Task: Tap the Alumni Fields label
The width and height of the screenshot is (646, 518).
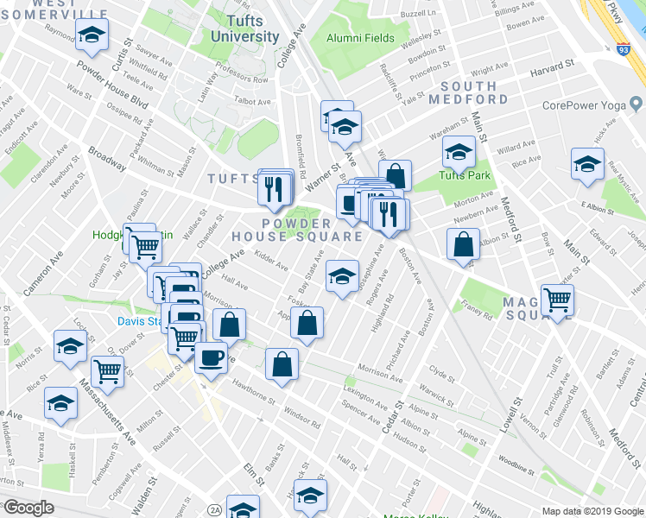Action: (360, 38)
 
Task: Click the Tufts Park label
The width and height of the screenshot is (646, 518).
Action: (465, 175)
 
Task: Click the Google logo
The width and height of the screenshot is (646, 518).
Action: (28, 507)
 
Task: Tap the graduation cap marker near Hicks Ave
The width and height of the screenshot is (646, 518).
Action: (588, 163)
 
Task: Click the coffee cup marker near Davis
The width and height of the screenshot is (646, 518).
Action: (211, 357)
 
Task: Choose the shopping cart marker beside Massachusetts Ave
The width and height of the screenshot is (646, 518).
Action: (107, 371)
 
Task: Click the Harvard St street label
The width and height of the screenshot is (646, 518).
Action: (553, 66)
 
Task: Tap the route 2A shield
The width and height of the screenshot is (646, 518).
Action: (215, 510)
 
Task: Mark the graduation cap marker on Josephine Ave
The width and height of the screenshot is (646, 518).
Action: (342, 276)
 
